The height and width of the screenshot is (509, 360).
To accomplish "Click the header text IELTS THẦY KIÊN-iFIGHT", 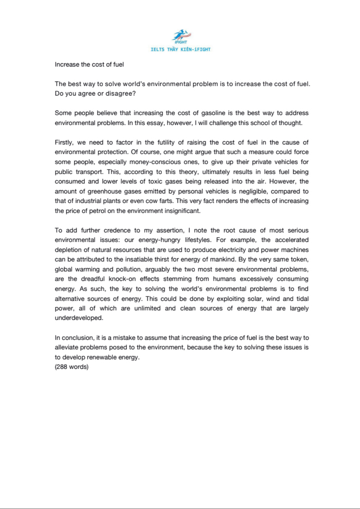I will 181,50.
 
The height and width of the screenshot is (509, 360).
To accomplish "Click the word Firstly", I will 63,142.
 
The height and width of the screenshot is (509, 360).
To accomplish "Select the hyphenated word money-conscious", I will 155,162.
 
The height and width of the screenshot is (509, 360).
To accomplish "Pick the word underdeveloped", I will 79,318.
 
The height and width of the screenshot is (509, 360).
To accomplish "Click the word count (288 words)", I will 72,367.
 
